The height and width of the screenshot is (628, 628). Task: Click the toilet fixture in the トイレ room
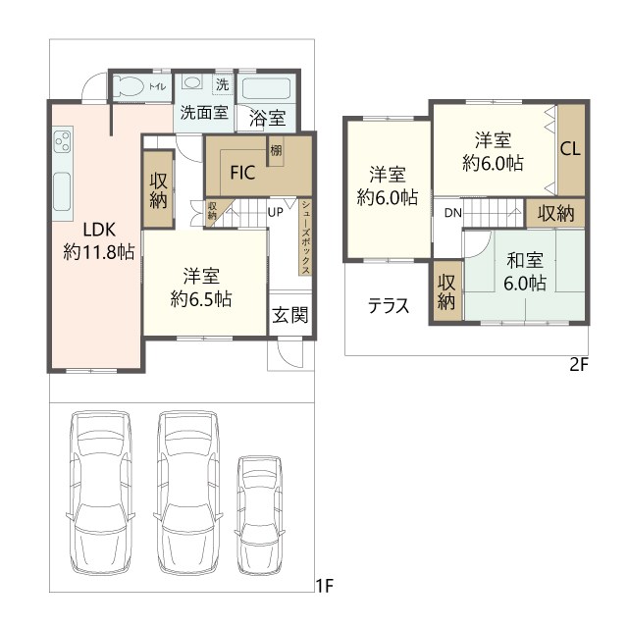[129, 85]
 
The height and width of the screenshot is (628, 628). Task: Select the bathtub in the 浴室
[266, 90]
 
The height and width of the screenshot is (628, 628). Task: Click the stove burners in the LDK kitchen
[63, 141]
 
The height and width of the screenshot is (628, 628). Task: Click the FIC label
[242, 173]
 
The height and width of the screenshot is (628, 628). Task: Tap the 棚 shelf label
[276, 150]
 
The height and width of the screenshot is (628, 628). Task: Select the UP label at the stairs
[275, 212]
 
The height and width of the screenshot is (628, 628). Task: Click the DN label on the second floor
[453, 213]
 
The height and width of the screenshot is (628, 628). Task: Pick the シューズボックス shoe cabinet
[305, 237]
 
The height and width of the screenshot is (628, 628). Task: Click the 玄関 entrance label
[290, 315]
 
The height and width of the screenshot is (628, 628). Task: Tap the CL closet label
[570, 149]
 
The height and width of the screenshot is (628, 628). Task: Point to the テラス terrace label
[389, 306]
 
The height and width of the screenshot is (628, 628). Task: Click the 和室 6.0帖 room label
[525, 271]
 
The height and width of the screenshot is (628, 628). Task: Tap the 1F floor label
[325, 587]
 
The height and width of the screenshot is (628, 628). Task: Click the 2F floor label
[578, 365]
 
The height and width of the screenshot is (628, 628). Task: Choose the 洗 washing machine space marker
[223, 84]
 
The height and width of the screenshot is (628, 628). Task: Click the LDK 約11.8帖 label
[99, 241]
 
